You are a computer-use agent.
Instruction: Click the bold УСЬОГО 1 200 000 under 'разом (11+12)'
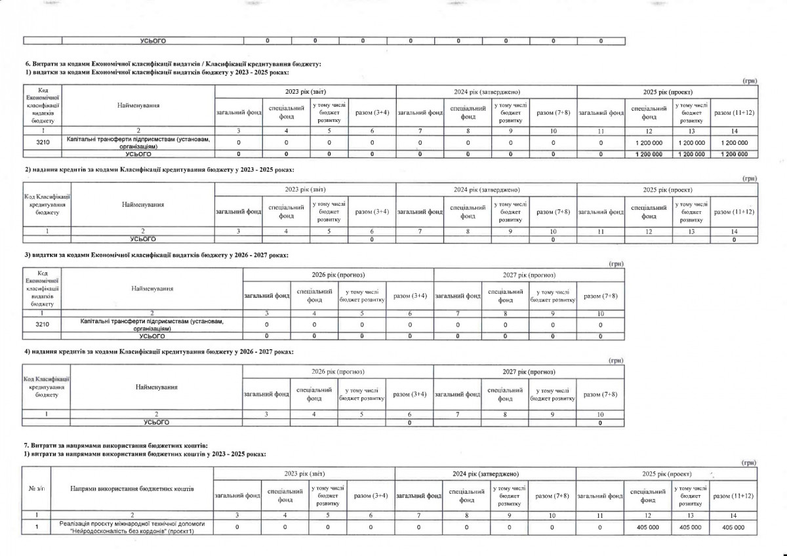click(x=734, y=154)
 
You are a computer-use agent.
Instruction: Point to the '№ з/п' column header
click(x=36, y=489)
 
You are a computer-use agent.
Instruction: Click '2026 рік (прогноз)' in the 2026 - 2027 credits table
click(x=338, y=372)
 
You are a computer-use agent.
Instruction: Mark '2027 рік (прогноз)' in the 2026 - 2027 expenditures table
click(x=529, y=274)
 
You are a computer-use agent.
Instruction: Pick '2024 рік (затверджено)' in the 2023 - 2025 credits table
click(x=487, y=189)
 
